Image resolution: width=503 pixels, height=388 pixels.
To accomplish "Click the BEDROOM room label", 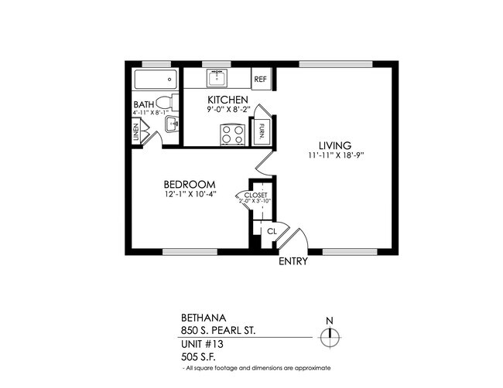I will coord(189,184).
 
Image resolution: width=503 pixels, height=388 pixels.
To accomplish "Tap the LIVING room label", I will coord(335,145).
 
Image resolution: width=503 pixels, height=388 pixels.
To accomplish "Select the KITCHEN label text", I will coord(228,100).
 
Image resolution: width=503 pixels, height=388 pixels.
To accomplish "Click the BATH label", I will coord(143,104).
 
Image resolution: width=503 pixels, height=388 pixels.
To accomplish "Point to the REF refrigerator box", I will coord(261,79).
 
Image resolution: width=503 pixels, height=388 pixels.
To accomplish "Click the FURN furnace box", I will coord(263,129).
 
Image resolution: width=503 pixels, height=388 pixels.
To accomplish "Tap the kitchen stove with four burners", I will coord(233,134).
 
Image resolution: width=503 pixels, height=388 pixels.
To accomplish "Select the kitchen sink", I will coord(217,78).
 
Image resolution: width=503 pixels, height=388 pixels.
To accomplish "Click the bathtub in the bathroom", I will coord(156,79).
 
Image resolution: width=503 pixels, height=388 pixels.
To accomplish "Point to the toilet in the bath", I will coord(163,103).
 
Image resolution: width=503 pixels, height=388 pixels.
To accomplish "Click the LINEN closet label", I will coord(136,134).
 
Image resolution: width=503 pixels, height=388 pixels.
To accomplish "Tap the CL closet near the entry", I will coord(272,231).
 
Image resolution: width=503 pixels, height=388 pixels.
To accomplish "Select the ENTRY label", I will coord(293,261).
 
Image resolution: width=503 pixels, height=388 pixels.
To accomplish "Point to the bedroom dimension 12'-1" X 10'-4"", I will coord(189,195).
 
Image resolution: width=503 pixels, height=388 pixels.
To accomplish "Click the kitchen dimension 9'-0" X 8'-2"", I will coord(228,111).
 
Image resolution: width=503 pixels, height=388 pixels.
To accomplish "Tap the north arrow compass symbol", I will coord(330,335).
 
